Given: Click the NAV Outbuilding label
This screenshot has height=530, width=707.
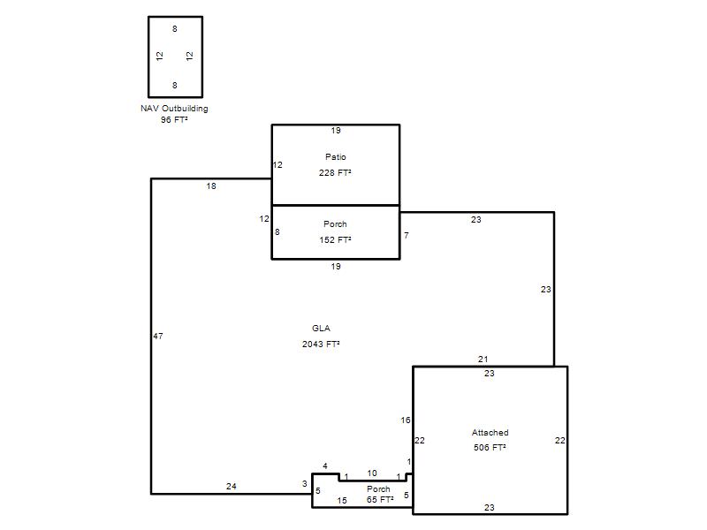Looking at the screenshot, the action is [x=174, y=109].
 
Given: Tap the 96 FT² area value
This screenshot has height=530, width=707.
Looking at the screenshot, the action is [x=174, y=119].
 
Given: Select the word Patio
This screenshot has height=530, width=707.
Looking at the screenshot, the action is [x=336, y=157].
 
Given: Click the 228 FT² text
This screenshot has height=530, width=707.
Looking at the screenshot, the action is [x=335, y=172].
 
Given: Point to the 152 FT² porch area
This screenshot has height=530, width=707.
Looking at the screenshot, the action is [x=335, y=239].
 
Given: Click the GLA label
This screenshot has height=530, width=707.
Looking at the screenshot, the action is [x=321, y=328].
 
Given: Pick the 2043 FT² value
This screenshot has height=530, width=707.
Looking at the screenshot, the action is [x=321, y=344].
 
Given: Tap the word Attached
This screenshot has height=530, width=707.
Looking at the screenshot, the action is [x=490, y=433].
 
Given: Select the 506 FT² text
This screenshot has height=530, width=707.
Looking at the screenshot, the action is [x=490, y=448].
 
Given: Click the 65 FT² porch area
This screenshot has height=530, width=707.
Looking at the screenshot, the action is [x=380, y=499].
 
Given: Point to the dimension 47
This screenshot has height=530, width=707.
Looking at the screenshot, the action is [x=158, y=336].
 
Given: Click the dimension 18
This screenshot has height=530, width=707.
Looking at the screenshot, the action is [x=211, y=185].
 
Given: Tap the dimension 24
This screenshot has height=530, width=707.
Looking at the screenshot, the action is [x=232, y=487].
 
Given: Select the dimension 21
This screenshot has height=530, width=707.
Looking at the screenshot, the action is [x=483, y=360].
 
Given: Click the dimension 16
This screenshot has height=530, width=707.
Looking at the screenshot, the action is [x=406, y=420].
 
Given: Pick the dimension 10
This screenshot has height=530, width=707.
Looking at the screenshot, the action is [x=372, y=473].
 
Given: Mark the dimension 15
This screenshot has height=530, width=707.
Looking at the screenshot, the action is [x=342, y=500].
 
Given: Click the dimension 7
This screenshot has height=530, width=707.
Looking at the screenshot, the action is [x=407, y=235].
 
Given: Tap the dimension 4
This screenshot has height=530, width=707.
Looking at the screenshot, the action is [x=325, y=466].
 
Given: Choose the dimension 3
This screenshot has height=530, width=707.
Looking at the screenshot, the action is [x=304, y=483].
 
